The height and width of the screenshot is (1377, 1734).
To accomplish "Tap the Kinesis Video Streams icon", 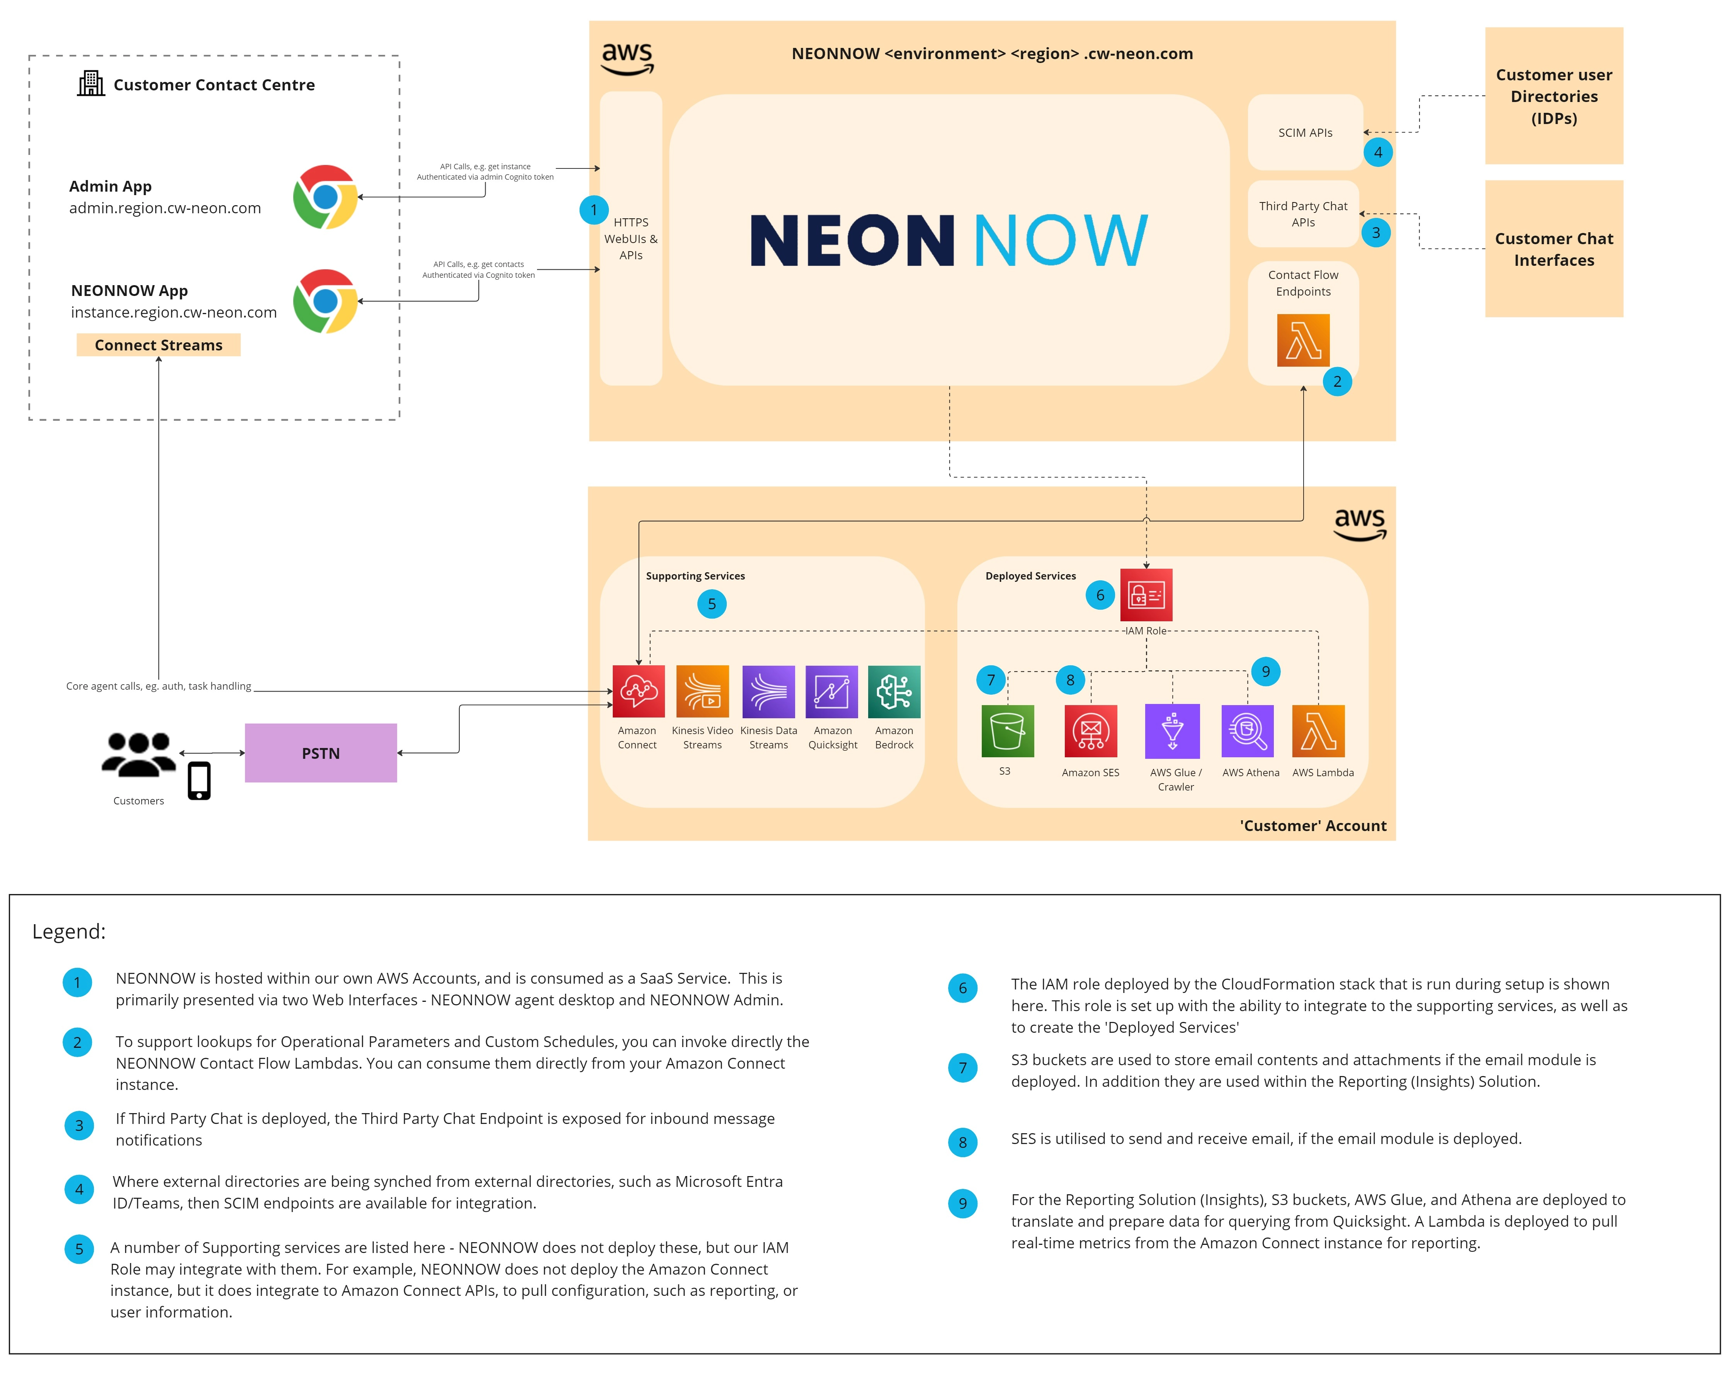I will pos(702,691).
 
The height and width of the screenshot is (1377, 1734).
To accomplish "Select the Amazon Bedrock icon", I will pos(894,691).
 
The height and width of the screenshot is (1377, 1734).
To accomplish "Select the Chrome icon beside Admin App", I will pos(325,197).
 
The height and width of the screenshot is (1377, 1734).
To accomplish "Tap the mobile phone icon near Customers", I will pos(199,780).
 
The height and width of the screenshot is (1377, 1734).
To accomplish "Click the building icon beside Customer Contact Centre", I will pos(91,84).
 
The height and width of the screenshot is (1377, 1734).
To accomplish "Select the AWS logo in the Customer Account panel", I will pos(1359,524).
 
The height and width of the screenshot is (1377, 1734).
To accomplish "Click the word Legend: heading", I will pos(69,932).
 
